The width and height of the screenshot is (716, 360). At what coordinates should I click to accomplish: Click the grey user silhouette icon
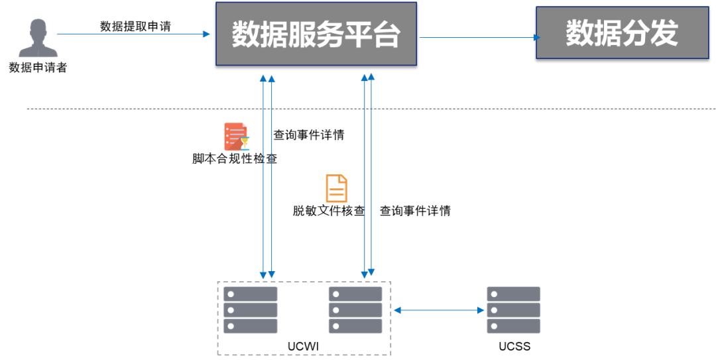(x=38, y=39)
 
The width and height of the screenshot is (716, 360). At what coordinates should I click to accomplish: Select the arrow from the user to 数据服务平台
(x=133, y=33)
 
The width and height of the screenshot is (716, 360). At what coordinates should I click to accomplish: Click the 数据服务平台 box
(x=316, y=34)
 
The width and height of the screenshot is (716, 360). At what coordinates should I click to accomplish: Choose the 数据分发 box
(x=622, y=33)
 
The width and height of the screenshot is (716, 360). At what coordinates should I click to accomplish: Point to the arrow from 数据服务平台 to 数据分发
(x=477, y=37)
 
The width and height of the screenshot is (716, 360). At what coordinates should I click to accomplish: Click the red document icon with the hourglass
(x=235, y=136)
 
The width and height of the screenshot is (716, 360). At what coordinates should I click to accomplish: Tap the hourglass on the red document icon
(x=245, y=143)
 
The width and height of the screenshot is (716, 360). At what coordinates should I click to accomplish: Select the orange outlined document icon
(x=336, y=188)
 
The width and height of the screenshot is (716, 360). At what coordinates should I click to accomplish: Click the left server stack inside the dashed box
(x=250, y=310)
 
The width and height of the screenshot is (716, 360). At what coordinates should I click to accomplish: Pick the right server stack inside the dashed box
(x=355, y=310)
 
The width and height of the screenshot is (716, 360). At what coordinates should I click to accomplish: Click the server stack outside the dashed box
(x=514, y=310)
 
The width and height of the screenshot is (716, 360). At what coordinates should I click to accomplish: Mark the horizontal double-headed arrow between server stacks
(x=439, y=310)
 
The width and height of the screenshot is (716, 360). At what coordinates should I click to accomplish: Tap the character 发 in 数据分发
(x=664, y=33)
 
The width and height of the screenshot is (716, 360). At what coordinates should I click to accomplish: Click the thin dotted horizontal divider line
(x=133, y=108)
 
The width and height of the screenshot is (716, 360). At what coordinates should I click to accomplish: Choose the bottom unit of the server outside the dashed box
(x=514, y=326)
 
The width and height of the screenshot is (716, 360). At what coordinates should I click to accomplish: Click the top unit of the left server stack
(x=250, y=293)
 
